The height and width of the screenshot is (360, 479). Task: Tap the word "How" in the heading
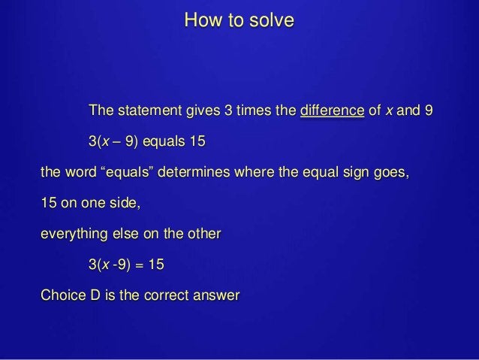(x=200, y=20)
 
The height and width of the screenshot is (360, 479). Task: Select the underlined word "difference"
(x=333, y=112)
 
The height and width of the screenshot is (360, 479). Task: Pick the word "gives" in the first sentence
(x=203, y=112)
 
